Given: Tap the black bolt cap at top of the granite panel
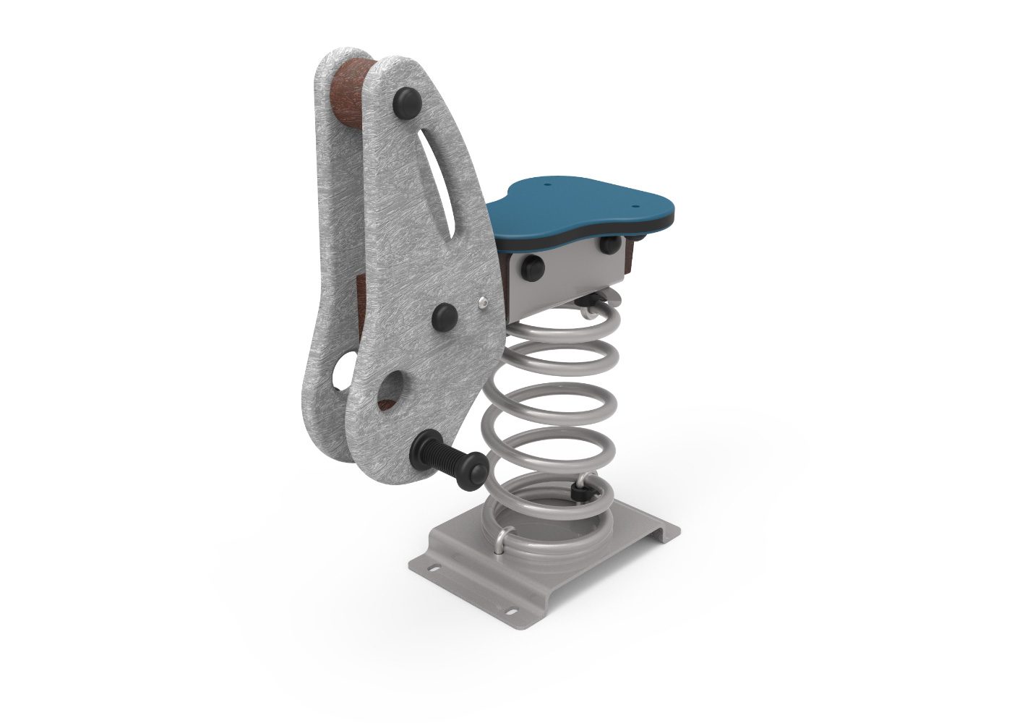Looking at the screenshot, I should click(407, 100).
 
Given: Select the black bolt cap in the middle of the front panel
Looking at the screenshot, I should click(445, 316).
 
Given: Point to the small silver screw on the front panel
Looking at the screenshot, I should click(484, 301).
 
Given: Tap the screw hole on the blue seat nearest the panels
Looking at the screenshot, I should click(547, 184).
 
